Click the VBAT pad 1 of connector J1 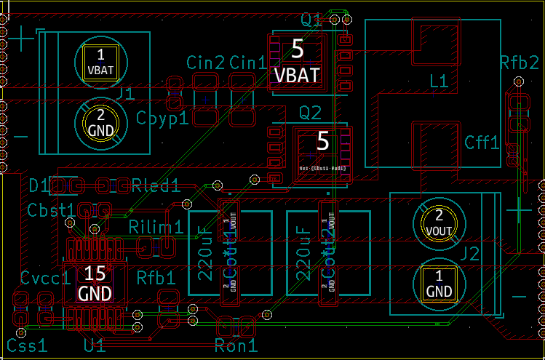[x=100, y=62]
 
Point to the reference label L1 [x=439, y=82]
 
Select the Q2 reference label [x=310, y=113]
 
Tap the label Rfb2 [x=519, y=63]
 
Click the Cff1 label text [x=482, y=143]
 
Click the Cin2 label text [x=205, y=63]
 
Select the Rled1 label [x=156, y=185]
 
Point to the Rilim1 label [x=156, y=227]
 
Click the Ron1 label [x=236, y=346]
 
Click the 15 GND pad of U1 [x=95, y=283]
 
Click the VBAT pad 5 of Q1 [x=297, y=62]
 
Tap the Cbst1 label [x=51, y=209]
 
